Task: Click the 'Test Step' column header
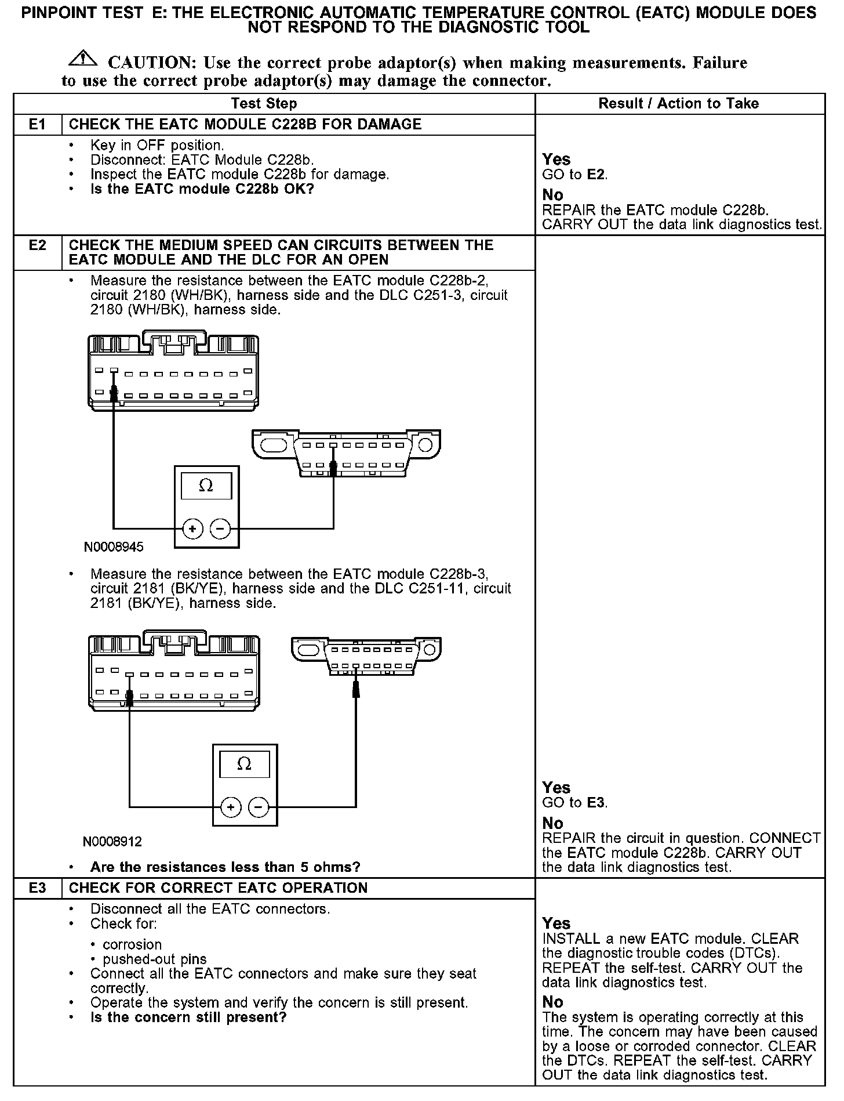click(264, 104)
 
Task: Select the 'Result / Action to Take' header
click(678, 104)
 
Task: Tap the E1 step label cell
click(37, 125)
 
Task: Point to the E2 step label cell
click(37, 245)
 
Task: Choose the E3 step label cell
click(37, 888)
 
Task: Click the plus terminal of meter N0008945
click(192, 529)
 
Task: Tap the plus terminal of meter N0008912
click(230, 807)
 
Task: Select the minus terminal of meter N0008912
click(259, 807)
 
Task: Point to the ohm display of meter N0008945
click(206, 486)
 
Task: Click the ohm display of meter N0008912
click(245, 764)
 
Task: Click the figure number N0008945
click(114, 547)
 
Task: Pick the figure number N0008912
click(112, 841)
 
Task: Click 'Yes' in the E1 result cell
click(556, 160)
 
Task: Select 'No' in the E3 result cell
click(553, 1002)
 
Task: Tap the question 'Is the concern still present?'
click(188, 1017)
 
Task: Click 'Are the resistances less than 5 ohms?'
click(225, 867)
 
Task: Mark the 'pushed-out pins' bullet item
click(154, 959)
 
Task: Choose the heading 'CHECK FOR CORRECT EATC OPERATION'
click(218, 888)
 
